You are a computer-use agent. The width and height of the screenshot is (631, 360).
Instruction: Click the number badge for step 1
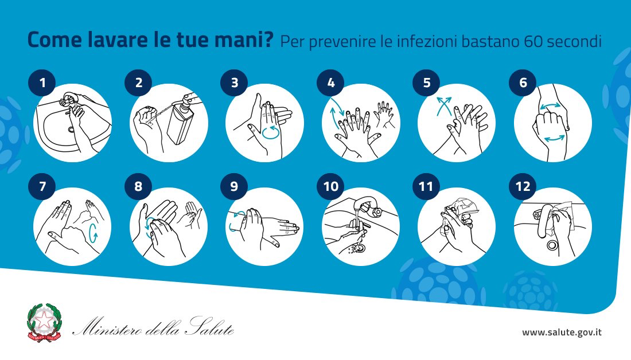(42, 83)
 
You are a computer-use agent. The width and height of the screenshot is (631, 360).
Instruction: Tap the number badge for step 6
(523, 83)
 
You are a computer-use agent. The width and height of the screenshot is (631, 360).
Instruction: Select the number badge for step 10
(330, 186)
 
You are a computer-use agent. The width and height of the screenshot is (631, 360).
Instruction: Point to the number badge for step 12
(523, 186)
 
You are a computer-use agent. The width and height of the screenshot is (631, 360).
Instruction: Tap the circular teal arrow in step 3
(270, 132)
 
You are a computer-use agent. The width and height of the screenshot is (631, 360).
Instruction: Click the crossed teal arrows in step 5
(444, 105)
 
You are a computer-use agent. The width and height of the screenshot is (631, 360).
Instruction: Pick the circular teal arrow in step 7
(94, 233)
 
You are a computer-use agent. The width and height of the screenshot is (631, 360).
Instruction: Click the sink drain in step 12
(552, 244)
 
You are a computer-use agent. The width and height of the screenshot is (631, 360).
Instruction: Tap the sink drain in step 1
(71, 130)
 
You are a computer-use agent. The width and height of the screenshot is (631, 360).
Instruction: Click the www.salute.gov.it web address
(562, 332)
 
